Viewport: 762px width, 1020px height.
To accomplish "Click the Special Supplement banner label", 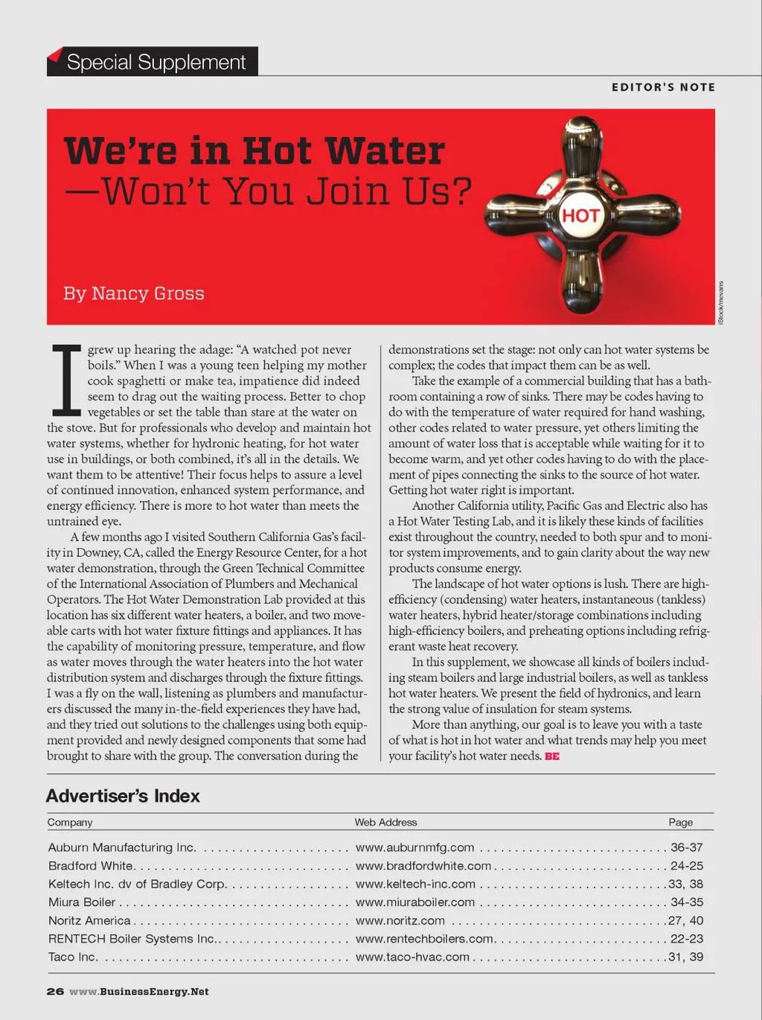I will pyautogui.click(x=156, y=62).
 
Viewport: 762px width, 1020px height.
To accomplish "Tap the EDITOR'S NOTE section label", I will pyautogui.click(x=663, y=87).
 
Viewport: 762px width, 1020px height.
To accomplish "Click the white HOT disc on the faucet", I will pyautogui.click(x=580, y=216).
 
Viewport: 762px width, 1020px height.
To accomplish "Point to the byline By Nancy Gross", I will pyautogui.click(x=134, y=293).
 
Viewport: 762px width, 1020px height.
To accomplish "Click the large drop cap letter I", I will pyautogui.click(x=65, y=380).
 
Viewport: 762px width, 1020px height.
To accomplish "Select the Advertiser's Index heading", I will pyautogui.click(x=123, y=796).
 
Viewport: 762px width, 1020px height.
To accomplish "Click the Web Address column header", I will pyautogui.click(x=385, y=822).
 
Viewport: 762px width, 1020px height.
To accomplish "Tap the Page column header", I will pyautogui.click(x=680, y=822).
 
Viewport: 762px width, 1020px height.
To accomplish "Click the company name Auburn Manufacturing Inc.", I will pyautogui.click(x=122, y=847).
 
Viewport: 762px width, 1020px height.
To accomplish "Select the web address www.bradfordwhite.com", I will pyautogui.click(x=423, y=866).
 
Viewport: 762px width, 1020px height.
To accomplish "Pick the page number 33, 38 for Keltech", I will pyautogui.click(x=685, y=884).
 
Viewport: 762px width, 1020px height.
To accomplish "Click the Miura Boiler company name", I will pyautogui.click(x=82, y=902).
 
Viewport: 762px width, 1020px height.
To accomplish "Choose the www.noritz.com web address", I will pyautogui.click(x=400, y=921).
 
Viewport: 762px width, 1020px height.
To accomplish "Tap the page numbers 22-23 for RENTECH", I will pyautogui.click(x=686, y=939).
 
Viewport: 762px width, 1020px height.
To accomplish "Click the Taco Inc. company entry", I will pyautogui.click(x=73, y=957).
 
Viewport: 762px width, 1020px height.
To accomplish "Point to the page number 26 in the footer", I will pyautogui.click(x=55, y=992).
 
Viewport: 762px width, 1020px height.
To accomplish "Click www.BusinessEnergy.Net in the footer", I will pyautogui.click(x=139, y=992).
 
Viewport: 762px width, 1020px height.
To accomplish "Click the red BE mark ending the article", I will pyautogui.click(x=552, y=756).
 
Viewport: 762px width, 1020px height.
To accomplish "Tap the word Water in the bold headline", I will pyautogui.click(x=385, y=151).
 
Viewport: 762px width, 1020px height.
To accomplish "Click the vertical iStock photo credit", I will pyautogui.click(x=720, y=302).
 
